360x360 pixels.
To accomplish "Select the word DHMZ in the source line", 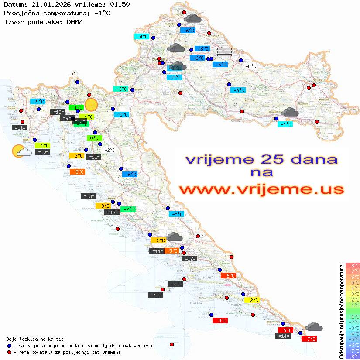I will (75, 22).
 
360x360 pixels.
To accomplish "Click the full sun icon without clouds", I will (91, 105).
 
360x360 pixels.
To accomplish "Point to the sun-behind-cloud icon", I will (21, 151).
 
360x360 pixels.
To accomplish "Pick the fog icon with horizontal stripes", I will (224, 52).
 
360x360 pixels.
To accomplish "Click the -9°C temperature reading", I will (73, 75).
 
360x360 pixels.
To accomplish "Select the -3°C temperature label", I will (120, 89).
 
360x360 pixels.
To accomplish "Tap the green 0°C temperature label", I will (94, 138).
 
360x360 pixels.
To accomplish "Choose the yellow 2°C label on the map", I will (254, 300).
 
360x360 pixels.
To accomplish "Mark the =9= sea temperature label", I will (65, 118).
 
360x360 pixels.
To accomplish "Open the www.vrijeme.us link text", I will (261, 190).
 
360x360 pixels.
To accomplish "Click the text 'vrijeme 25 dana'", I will (261, 159).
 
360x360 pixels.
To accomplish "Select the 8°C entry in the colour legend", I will (353, 266).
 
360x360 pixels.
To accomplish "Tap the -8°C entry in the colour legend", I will (353, 357).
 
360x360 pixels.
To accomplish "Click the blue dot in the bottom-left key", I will (9, 346).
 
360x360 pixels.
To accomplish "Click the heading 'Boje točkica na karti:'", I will (35, 339).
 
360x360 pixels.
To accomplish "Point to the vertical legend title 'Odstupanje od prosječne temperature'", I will (341, 311).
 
